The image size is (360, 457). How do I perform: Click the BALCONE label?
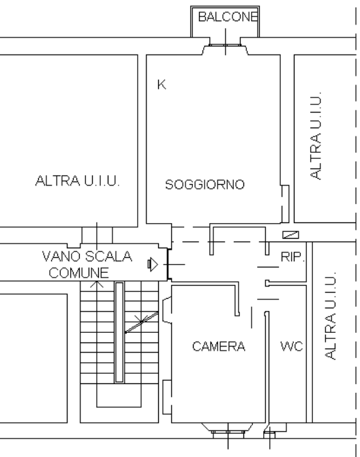(228, 16)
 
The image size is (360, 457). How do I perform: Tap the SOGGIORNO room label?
(205, 184)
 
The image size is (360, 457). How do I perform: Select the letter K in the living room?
(162, 85)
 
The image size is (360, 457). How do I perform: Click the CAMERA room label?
(219, 347)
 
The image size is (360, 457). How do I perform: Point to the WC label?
(292, 347)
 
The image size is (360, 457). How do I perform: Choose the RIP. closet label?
(292, 256)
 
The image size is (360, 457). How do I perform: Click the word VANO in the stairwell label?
(61, 256)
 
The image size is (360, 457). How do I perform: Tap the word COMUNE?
(79, 273)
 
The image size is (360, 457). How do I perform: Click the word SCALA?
(109, 256)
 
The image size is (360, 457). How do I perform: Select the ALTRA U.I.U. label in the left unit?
(78, 181)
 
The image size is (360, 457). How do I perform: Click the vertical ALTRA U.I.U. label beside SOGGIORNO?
(316, 136)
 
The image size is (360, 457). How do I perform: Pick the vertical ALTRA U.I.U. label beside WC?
(330, 316)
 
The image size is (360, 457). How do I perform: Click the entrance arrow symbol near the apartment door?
(153, 265)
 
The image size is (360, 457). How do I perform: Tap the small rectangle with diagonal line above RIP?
(290, 235)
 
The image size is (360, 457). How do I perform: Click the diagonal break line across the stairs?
(142, 322)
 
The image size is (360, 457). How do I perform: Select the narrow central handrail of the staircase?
(119, 332)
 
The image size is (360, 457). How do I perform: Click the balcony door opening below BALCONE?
(225, 45)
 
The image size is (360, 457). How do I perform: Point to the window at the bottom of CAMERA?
(228, 432)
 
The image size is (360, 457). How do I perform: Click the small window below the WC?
(269, 435)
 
